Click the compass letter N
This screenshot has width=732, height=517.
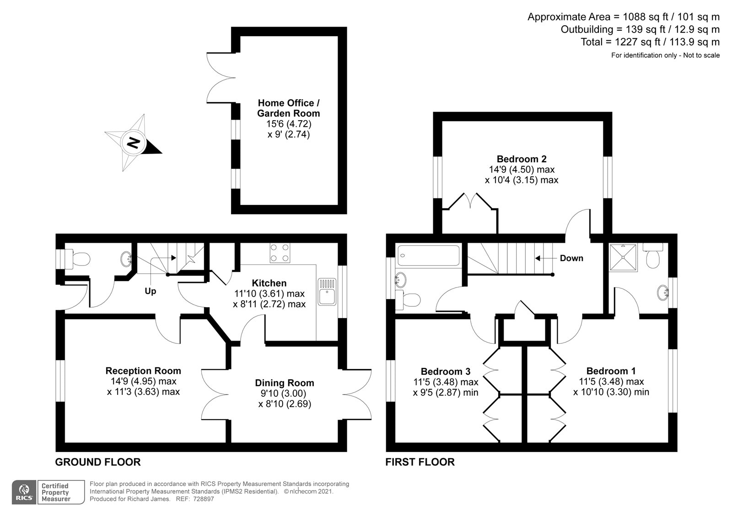click(133, 143)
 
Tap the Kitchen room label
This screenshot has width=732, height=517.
click(269, 283)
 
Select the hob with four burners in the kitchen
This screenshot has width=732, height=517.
click(280, 253)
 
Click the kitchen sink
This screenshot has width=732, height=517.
click(327, 292)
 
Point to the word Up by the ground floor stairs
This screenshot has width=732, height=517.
click(151, 291)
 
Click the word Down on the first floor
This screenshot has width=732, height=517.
click(571, 258)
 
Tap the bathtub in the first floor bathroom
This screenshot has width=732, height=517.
click(428, 256)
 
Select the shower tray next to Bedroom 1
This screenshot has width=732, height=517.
click(623, 257)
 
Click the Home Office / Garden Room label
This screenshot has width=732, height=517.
click(289, 108)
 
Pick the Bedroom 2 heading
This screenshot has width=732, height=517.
click(522, 159)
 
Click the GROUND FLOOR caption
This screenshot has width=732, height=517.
click(98, 462)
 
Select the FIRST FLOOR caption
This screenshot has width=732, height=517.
click(420, 462)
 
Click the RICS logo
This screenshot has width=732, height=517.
click(24, 492)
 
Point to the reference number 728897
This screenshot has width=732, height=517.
click(203, 499)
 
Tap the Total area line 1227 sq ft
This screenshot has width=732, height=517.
click(650, 42)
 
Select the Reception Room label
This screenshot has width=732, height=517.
click(143, 371)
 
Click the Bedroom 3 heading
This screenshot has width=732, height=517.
click(446, 372)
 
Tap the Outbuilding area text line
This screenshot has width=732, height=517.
click(640, 30)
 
